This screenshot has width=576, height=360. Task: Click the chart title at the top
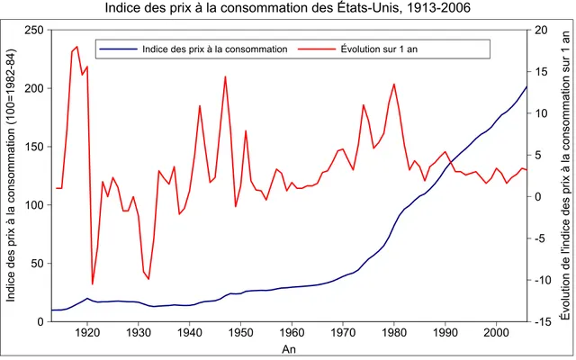coord(288,8)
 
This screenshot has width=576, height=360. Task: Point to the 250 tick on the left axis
coord(34,30)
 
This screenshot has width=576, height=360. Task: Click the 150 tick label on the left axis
coord(34,147)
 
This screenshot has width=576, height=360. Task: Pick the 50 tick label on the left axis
coord(37,264)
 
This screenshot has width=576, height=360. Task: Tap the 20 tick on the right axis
coord(540,30)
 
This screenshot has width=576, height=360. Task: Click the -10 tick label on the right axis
coord(542,280)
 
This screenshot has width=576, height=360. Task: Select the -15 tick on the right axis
coord(542,321)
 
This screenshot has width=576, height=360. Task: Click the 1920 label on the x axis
coord(87,333)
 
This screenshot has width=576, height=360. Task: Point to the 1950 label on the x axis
coord(240,333)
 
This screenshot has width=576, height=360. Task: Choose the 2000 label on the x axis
coord(496,333)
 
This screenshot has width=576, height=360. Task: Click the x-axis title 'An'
coord(289,349)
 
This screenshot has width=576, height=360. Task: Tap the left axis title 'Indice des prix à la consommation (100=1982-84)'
coord(11,175)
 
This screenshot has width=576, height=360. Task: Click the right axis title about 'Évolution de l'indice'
coord(566,175)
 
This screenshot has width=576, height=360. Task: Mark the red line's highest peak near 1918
coord(76,47)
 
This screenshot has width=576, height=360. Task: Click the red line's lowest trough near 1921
coord(93,284)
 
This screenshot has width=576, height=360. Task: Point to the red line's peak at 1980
coord(394,84)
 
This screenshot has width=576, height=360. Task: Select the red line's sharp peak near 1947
coord(225,76)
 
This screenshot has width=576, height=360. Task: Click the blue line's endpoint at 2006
coord(526,86)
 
